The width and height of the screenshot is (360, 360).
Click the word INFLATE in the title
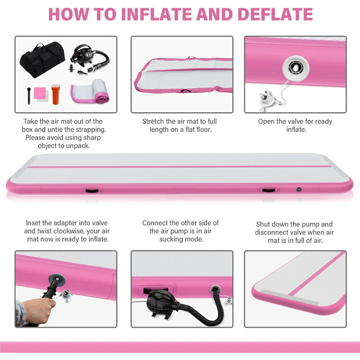[159, 14]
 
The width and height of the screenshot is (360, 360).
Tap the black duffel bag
[42, 60]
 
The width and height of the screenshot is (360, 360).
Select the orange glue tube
[56, 94]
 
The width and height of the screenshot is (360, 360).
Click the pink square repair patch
[40, 93]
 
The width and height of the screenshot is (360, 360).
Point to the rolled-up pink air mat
[91, 92]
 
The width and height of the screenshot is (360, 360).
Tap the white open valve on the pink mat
[296, 68]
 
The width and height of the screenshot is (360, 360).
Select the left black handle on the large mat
[92, 191]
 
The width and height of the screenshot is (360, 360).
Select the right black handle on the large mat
[268, 190]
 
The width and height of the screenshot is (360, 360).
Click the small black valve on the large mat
[299, 190]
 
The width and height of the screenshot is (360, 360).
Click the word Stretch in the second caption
[153, 121]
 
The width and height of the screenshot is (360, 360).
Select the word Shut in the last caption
[263, 224]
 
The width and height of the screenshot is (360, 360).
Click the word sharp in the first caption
[92, 138]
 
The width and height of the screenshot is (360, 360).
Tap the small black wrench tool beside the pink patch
[29, 96]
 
